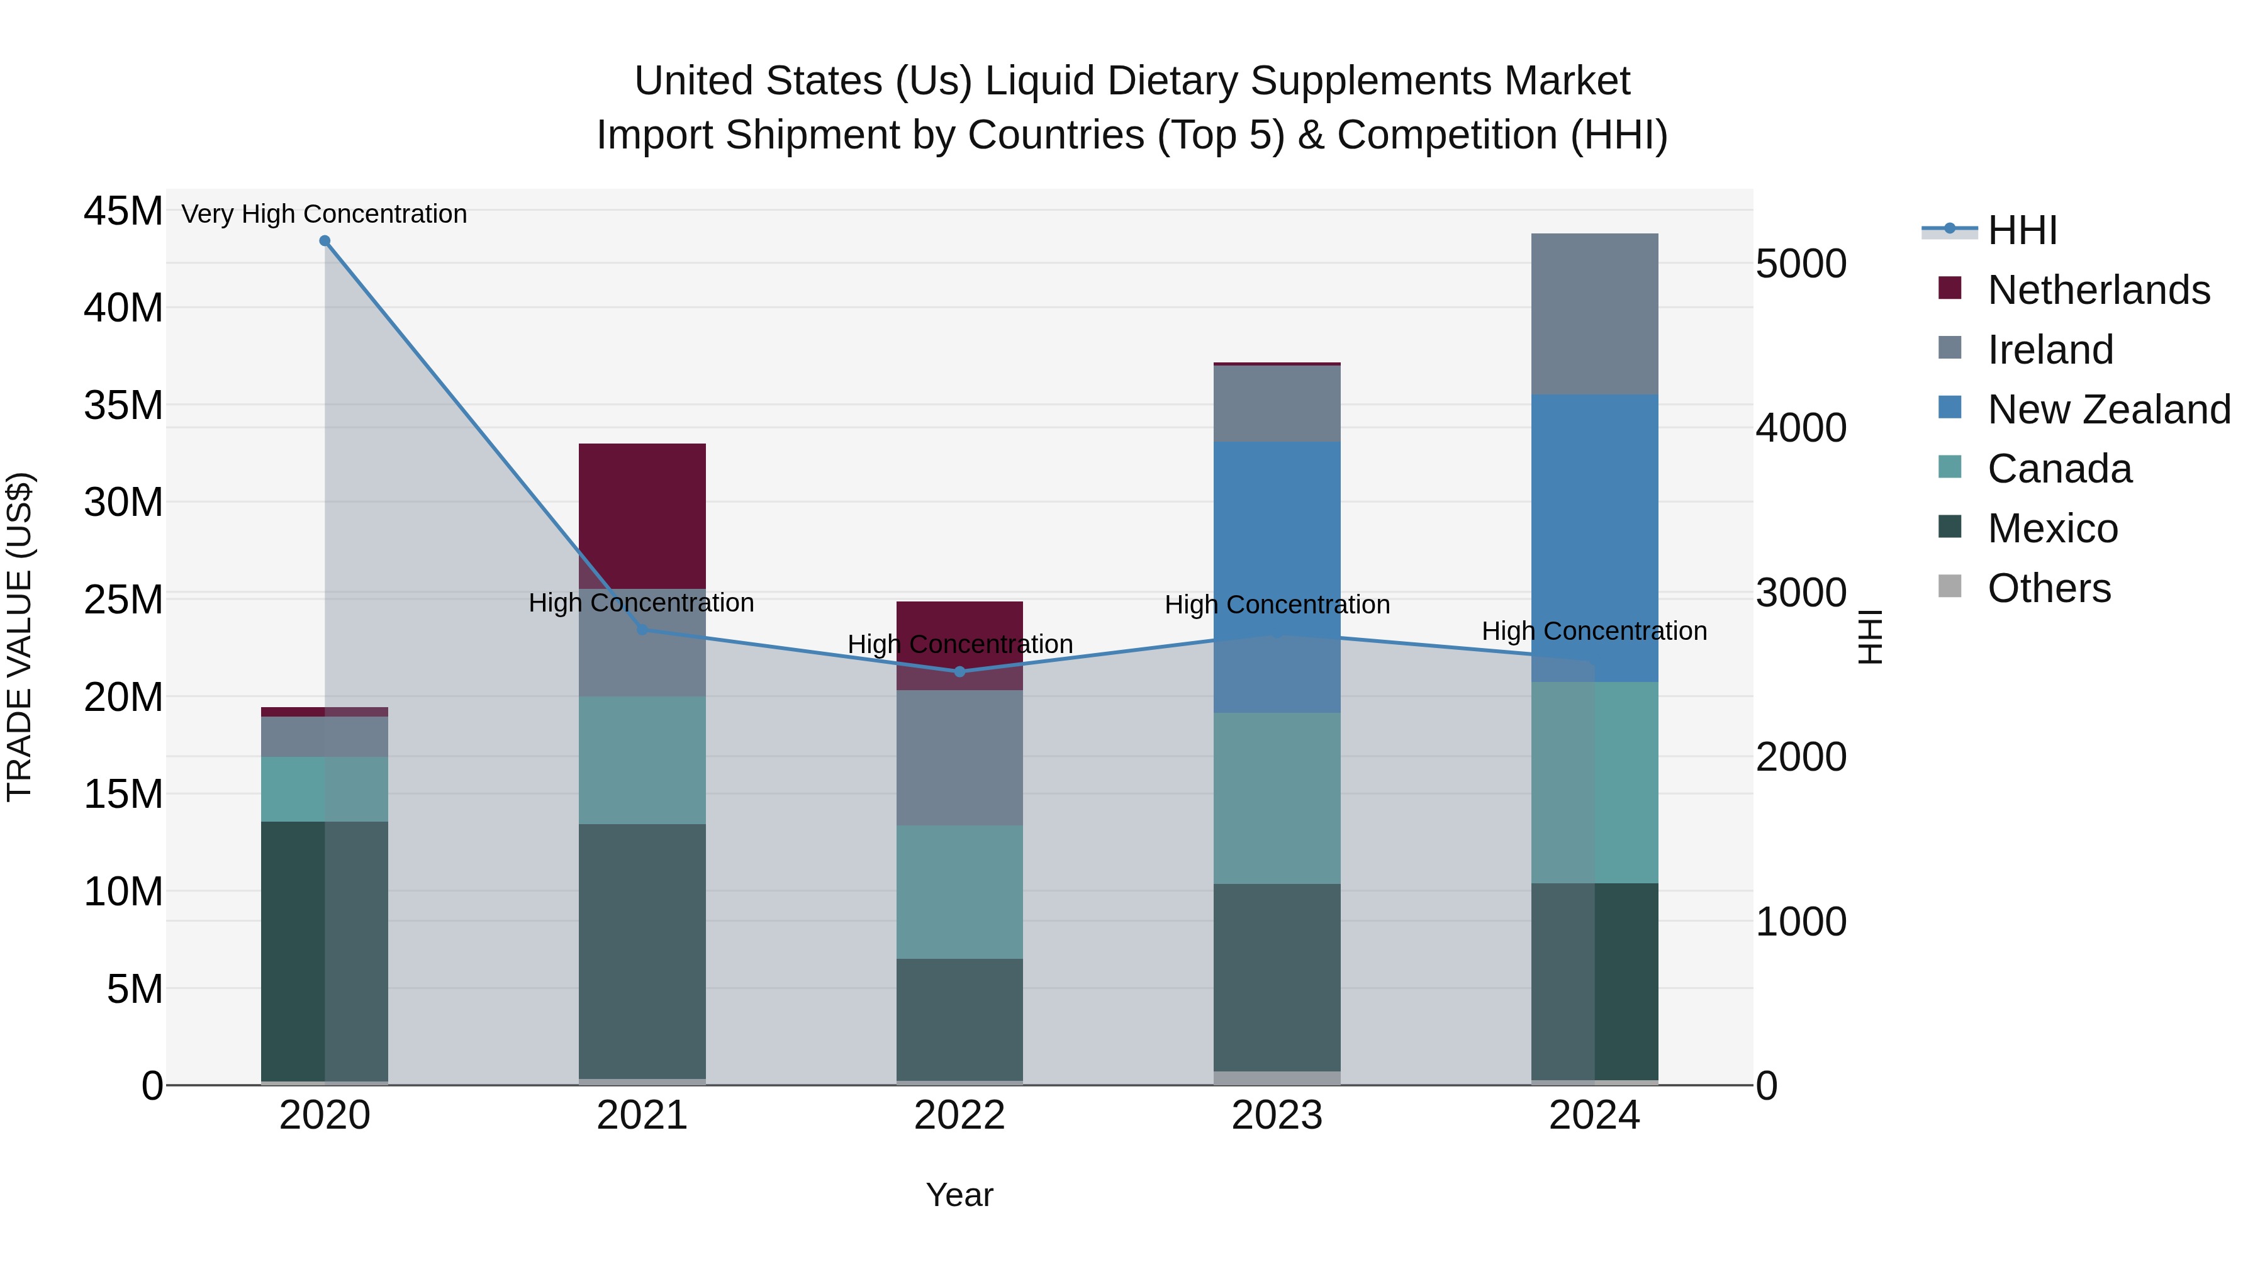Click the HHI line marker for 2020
pos(325,241)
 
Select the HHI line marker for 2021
pos(642,630)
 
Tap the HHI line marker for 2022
pos(959,672)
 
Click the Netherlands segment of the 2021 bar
pos(642,515)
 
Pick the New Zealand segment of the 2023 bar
pos(1277,576)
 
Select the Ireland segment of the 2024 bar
pos(1594,314)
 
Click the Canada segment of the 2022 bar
pos(959,891)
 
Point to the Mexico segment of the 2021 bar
pos(642,951)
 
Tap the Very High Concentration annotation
pos(325,215)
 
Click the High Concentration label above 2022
pos(959,644)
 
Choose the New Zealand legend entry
pos(2108,410)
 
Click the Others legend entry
pos(2049,588)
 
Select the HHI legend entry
pos(2022,230)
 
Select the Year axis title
pos(959,1195)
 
